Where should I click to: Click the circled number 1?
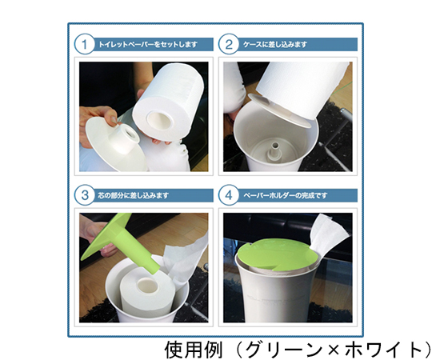84,44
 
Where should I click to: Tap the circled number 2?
228,44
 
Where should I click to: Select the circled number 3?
84,195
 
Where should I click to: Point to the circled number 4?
228,195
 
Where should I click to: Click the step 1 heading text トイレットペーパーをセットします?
148,44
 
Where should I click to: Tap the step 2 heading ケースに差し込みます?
275,44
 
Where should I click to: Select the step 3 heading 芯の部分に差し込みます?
133,195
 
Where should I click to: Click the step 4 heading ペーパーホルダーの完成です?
286,195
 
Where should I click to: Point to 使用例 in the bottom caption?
193,350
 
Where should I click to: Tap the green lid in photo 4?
276,255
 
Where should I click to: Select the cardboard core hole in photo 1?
159,119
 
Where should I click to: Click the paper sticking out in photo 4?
330,234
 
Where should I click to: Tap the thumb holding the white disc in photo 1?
114,118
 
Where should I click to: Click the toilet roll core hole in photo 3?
148,286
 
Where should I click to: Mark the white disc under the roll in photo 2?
280,111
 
